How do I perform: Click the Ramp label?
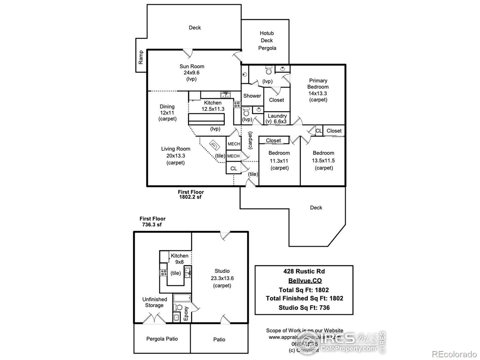(x=141, y=57)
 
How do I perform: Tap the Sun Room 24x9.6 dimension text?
(x=192, y=73)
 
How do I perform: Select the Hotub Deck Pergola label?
(x=267, y=40)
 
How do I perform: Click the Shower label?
(x=252, y=96)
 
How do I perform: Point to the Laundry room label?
(x=277, y=116)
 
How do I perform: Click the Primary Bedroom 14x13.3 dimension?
(x=318, y=93)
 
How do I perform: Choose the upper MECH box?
(x=234, y=144)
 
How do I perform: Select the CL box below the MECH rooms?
(x=234, y=169)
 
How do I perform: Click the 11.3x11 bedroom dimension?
(x=279, y=161)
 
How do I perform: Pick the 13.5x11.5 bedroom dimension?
(x=323, y=160)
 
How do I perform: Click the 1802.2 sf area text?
(x=190, y=197)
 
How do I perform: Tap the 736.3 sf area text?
(x=151, y=224)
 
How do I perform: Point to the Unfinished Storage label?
(x=154, y=302)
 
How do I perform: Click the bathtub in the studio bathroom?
(x=182, y=298)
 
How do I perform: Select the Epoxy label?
(x=186, y=313)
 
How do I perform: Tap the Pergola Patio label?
(x=162, y=339)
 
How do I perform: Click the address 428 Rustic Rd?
(x=304, y=271)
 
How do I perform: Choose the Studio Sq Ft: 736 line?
(x=304, y=307)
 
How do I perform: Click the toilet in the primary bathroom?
(x=269, y=71)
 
